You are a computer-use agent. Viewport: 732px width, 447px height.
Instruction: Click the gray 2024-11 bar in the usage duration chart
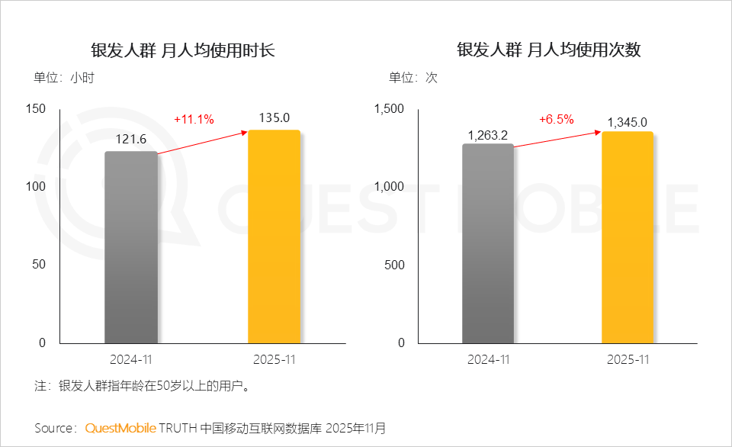point(131,247)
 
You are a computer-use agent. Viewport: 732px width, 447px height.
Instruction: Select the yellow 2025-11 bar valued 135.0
point(274,236)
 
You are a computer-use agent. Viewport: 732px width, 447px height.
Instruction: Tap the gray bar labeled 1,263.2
point(488,243)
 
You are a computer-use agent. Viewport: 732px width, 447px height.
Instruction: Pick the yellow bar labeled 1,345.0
point(628,237)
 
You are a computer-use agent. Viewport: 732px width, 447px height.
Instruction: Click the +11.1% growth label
point(194,119)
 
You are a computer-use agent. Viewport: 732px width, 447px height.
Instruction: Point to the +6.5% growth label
point(556,120)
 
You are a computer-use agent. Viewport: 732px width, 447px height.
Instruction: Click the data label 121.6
point(131,140)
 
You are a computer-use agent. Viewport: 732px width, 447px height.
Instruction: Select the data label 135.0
point(274,118)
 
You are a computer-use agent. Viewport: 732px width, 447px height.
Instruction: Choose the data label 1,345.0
point(628,121)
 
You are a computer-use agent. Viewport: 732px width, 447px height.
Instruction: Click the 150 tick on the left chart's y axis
point(36,108)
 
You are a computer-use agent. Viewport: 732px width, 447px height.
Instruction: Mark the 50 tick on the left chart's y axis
point(40,264)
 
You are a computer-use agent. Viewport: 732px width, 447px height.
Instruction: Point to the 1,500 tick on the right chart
point(390,108)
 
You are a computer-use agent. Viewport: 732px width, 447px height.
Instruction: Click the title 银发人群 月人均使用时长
point(183,50)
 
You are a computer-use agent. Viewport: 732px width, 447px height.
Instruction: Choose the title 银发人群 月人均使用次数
point(549,50)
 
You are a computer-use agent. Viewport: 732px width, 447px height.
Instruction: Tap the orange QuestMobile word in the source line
point(120,428)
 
